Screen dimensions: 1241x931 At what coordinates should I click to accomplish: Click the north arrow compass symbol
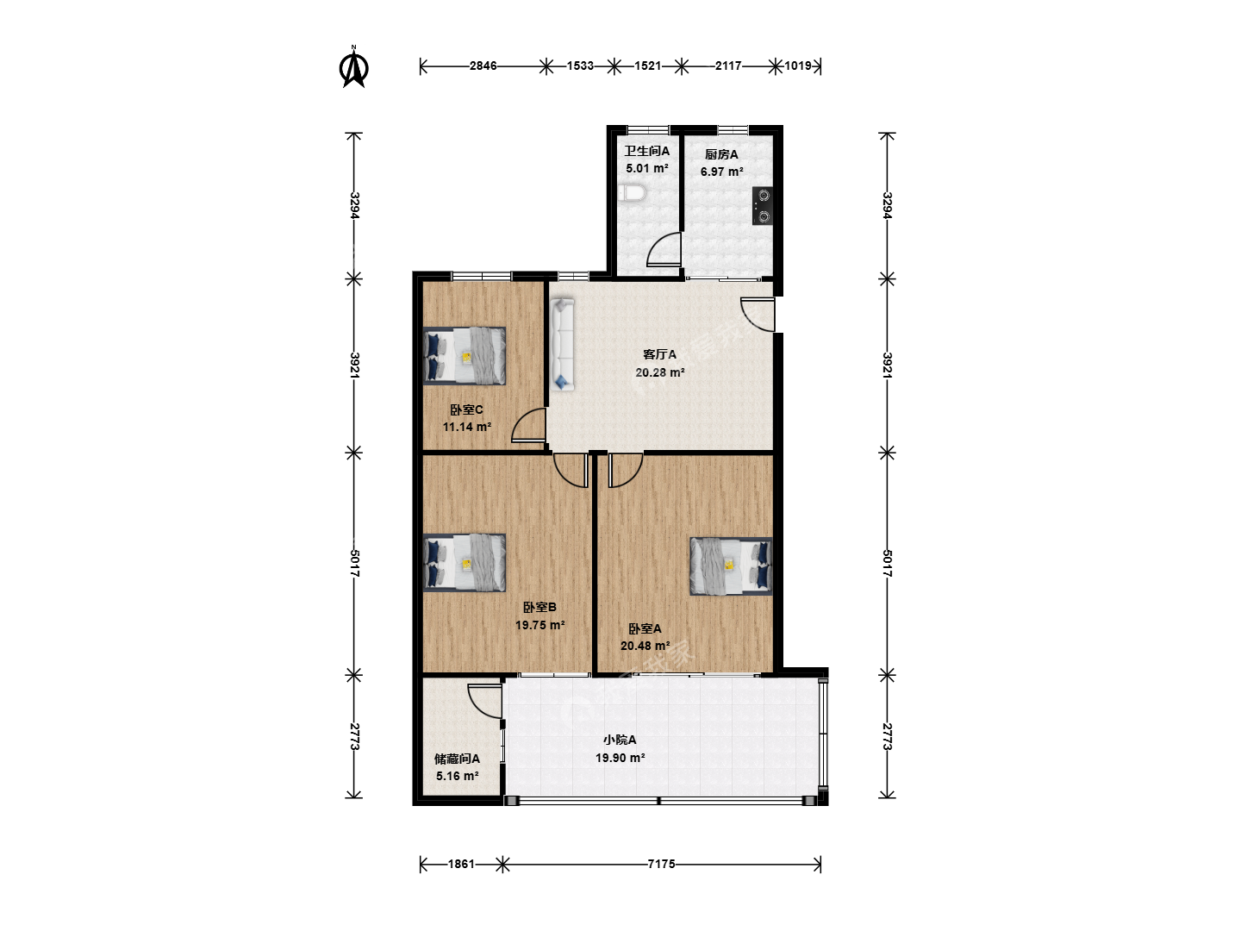(354, 68)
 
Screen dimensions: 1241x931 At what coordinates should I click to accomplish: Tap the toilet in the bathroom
(632, 194)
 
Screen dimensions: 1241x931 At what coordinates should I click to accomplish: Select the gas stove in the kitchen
(762, 206)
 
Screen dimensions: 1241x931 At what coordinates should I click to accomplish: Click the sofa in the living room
(562, 345)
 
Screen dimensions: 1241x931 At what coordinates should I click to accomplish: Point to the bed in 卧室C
(465, 356)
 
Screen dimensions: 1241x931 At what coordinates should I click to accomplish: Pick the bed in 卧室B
(465, 563)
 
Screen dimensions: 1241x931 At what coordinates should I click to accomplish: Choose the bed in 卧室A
(731, 566)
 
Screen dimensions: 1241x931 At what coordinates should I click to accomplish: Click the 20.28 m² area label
(660, 372)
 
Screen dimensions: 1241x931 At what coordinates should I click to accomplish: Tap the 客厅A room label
(659, 354)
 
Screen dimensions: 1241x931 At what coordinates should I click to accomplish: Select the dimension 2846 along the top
(483, 66)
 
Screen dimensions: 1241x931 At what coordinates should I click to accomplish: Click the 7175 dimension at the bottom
(662, 864)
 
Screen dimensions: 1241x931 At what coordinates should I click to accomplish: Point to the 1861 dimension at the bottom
(461, 864)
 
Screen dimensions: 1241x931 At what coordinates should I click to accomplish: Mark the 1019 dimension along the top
(798, 66)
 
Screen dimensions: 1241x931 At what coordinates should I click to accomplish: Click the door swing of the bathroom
(664, 249)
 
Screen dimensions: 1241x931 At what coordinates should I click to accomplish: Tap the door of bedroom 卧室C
(528, 424)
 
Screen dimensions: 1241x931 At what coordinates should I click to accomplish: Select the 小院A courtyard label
(620, 740)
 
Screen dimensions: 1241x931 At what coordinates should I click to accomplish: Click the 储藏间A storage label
(457, 759)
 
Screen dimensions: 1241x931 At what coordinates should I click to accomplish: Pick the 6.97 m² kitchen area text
(721, 172)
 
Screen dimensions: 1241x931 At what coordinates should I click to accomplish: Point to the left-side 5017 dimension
(354, 563)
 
